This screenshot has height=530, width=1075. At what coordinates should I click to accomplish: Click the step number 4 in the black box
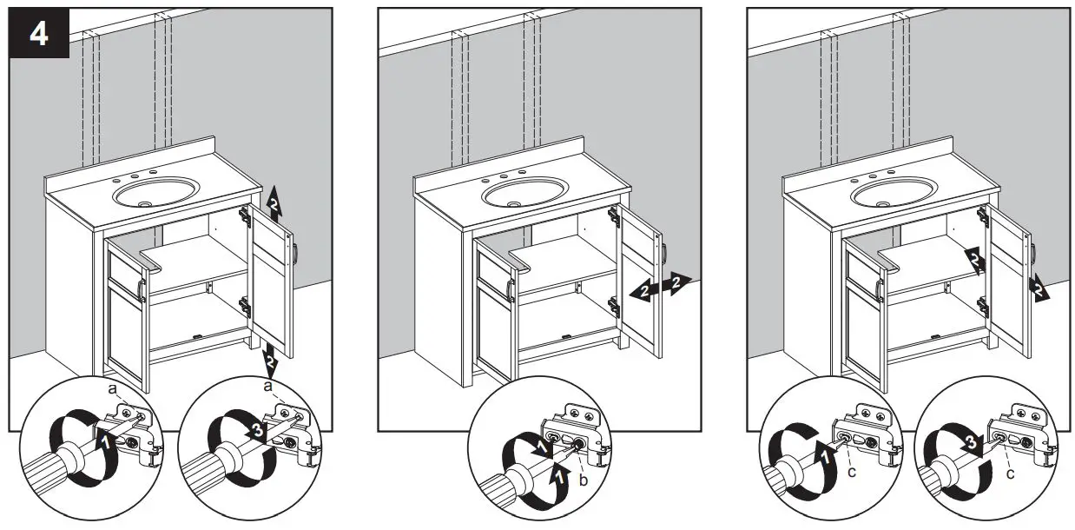point(39,34)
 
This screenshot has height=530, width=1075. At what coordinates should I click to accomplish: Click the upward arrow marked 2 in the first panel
point(274,203)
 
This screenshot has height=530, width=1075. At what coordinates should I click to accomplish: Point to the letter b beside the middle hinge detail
point(583,480)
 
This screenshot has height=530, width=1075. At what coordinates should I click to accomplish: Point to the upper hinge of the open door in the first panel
point(247,215)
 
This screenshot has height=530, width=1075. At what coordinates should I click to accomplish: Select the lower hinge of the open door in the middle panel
point(612,304)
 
